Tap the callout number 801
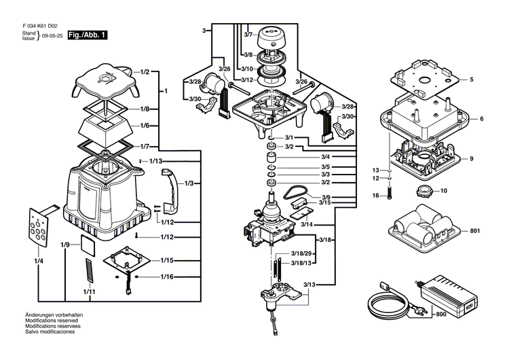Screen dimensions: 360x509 coord(474,231)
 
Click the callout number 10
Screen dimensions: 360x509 coord(445,191)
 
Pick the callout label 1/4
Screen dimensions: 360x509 coord(39,261)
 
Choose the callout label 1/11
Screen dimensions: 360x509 coord(89,291)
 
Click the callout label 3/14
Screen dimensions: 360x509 coord(306,224)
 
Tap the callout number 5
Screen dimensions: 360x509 coord(472,79)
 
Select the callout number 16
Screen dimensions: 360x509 coord(375,196)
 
